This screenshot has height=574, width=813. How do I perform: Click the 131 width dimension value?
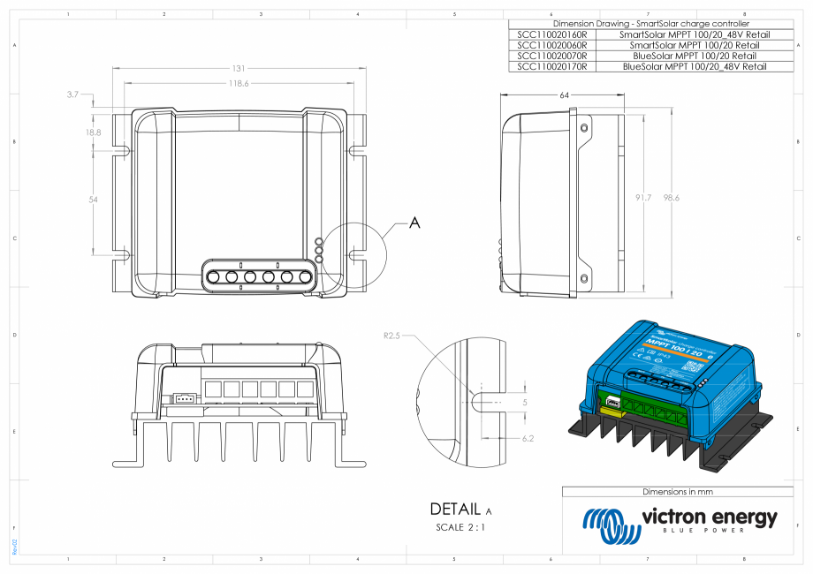[239, 69]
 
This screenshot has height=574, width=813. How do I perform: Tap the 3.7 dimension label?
[72, 93]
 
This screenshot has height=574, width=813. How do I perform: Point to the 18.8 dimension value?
[93, 132]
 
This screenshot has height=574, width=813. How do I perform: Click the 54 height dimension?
[93, 200]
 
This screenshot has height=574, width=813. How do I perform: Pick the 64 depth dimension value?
[564, 94]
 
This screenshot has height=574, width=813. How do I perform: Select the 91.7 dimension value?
[642, 198]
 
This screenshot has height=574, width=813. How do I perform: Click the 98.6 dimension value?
[672, 198]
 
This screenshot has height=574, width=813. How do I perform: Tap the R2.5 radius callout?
[393, 336]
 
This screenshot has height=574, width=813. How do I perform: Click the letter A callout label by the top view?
[414, 224]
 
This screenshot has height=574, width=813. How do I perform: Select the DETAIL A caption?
[460, 510]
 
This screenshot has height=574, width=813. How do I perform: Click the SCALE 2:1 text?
[460, 527]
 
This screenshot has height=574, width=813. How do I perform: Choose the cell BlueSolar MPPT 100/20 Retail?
[695, 56]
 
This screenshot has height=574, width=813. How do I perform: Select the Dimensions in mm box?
[677, 491]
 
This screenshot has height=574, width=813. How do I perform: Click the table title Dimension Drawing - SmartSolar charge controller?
[650, 24]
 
